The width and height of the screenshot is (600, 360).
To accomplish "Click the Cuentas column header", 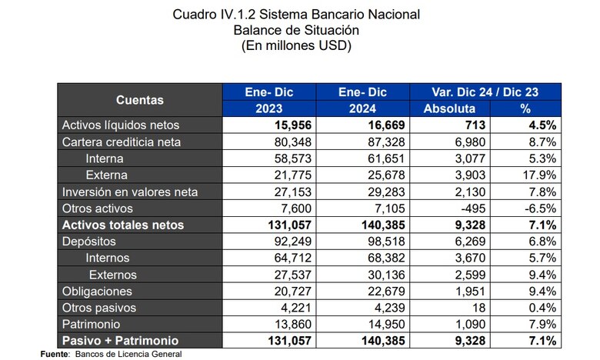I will click(x=139, y=100).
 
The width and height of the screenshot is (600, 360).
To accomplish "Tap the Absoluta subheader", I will click(x=449, y=108).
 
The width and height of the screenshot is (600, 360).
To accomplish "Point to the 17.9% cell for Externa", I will click(x=542, y=175).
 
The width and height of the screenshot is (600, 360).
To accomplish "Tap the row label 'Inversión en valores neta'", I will click(x=130, y=192).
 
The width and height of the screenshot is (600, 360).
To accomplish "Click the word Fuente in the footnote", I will click(x=53, y=353).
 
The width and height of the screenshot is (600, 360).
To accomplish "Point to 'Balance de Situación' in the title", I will click(x=296, y=30).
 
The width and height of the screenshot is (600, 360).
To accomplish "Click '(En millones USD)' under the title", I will click(x=296, y=45).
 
